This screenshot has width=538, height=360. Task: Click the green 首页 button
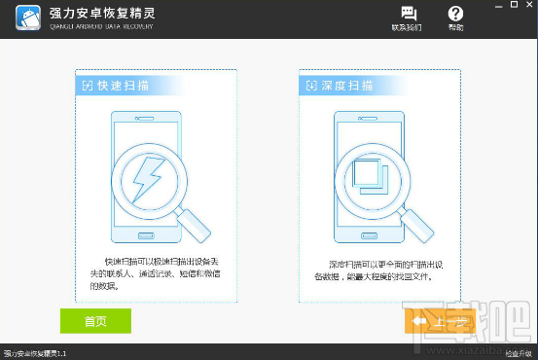tap(95, 321)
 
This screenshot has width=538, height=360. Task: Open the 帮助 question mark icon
tap(455, 14)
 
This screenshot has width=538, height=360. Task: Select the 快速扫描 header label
tap(121, 86)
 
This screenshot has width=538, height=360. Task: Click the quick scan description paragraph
tap(156, 273)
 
